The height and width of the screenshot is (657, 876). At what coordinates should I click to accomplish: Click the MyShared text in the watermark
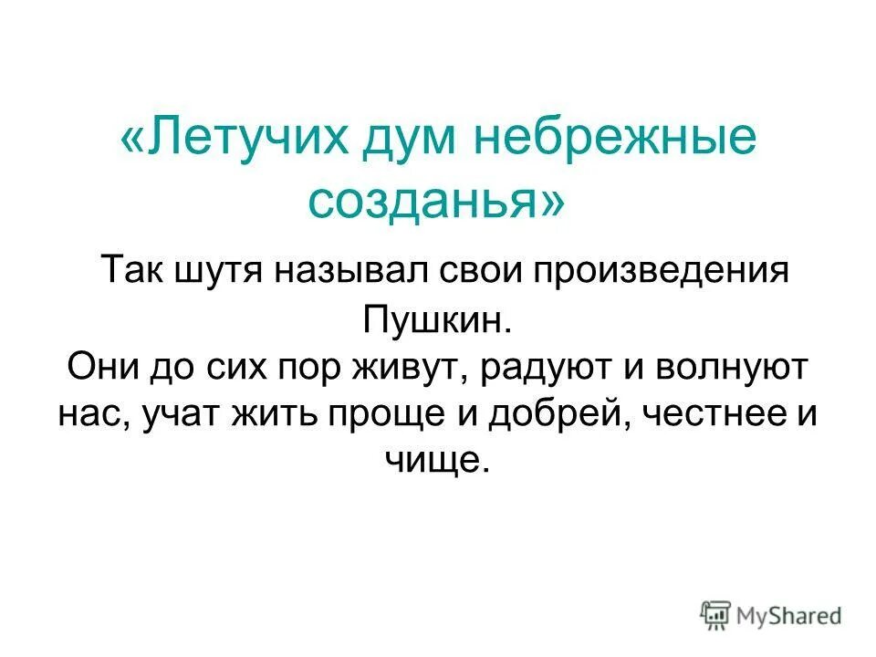[x=790, y=616]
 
